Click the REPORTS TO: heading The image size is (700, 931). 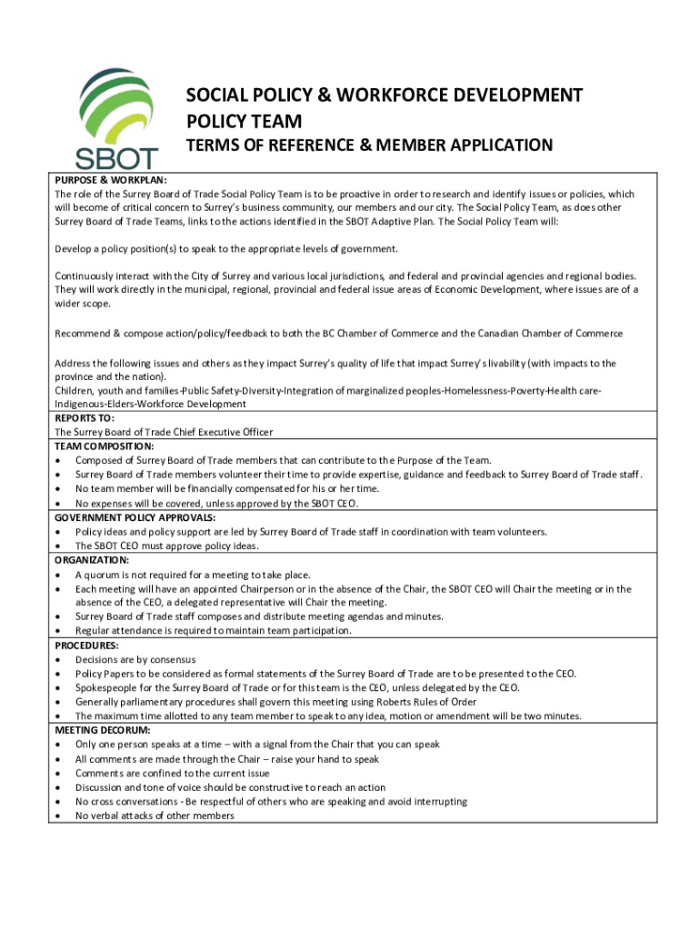click(85, 418)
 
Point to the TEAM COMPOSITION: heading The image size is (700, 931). click(105, 446)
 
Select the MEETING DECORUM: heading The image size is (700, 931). click(103, 730)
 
